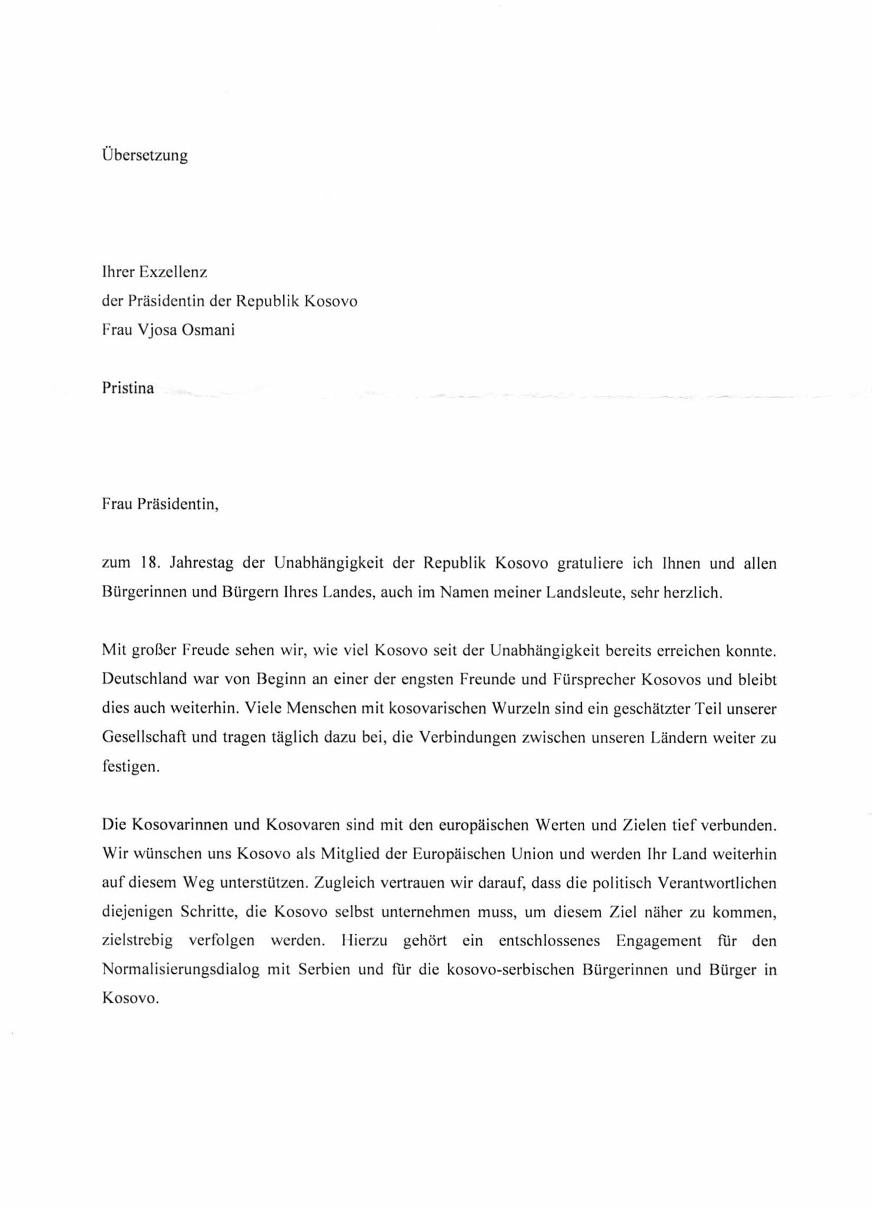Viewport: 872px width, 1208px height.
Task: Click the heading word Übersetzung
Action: (145, 156)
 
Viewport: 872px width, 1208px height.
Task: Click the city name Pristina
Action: (127, 388)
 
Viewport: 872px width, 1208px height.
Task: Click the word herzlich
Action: (693, 592)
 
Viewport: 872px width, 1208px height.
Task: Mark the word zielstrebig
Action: (137, 941)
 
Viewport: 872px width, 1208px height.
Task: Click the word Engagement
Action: (658, 941)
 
